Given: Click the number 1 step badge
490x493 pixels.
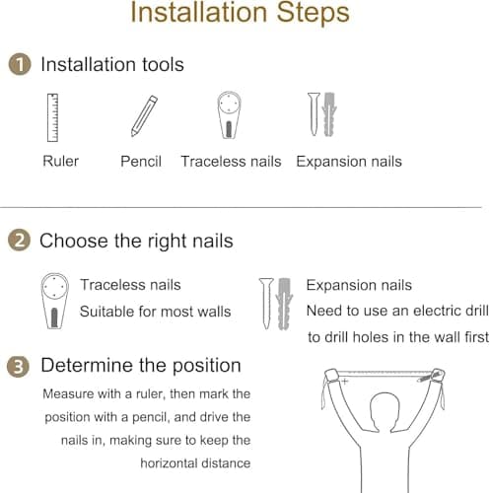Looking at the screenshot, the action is tap(20, 64).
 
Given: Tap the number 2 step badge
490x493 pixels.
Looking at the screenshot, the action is tap(19, 241).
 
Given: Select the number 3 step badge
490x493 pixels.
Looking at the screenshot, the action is tap(18, 366).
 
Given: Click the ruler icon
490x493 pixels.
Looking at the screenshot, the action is tap(52, 117).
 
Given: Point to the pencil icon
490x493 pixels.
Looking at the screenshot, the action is tap(144, 115).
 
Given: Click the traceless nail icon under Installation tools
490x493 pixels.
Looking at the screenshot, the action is tap(229, 115).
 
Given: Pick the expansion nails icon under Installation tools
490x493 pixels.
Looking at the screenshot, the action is tap(322, 114).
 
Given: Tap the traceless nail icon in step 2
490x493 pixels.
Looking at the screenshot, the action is tap(54, 301).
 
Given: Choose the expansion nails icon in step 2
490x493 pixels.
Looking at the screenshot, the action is tap(276, 304).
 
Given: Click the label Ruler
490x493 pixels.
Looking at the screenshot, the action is tap(61, 161).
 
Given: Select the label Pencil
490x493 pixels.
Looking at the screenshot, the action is tap(141, 162).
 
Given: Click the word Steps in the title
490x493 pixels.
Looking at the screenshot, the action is tap(313, 13).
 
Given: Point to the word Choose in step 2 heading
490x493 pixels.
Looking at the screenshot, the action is tap(74, 241).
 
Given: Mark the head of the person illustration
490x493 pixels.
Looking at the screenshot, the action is tap(385, 412).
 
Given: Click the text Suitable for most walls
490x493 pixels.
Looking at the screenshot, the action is tap(155, 312).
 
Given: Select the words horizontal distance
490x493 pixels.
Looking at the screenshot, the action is tap(195, 463).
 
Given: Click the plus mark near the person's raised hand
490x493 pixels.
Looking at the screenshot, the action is tap(344, 382).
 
